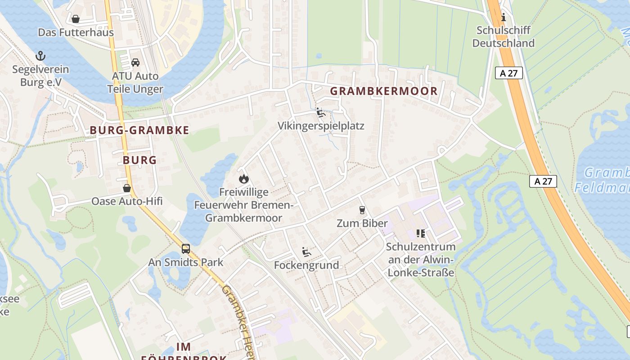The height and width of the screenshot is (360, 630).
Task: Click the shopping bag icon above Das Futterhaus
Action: tap(76, 19)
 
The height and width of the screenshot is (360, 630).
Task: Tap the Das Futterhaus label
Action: tap(76, 32)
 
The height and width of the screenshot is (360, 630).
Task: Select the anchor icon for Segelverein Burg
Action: tap(40, 56)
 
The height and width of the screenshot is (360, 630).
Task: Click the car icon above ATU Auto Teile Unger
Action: tap(135, 63)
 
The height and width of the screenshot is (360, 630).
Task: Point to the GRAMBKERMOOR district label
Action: tap(383, 91)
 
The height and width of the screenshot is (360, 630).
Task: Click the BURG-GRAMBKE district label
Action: tap(139, 130)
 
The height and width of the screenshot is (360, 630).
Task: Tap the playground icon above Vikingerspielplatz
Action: tap(321, 112)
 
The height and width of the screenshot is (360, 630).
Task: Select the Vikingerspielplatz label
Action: tap(321, 126)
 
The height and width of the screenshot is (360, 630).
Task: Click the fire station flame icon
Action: tap(243, 179)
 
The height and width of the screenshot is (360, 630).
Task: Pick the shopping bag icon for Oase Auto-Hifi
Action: tap(127, 188)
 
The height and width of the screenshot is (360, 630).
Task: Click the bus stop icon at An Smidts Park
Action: tap(185, 248)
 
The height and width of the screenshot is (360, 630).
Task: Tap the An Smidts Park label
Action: tap(185, 262)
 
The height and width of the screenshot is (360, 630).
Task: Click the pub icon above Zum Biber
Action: tap(362, 210)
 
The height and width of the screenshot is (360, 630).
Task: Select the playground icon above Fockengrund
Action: tap(306, 252)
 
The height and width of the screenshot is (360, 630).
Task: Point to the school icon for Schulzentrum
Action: tap(421, 234)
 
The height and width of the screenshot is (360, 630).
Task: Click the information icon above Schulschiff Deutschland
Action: tap(503, 18)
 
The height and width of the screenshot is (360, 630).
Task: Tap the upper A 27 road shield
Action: tap(509, 73)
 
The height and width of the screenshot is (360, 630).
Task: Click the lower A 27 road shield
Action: tap(543, 181)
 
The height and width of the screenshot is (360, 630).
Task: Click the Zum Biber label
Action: tap(362, 224)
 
